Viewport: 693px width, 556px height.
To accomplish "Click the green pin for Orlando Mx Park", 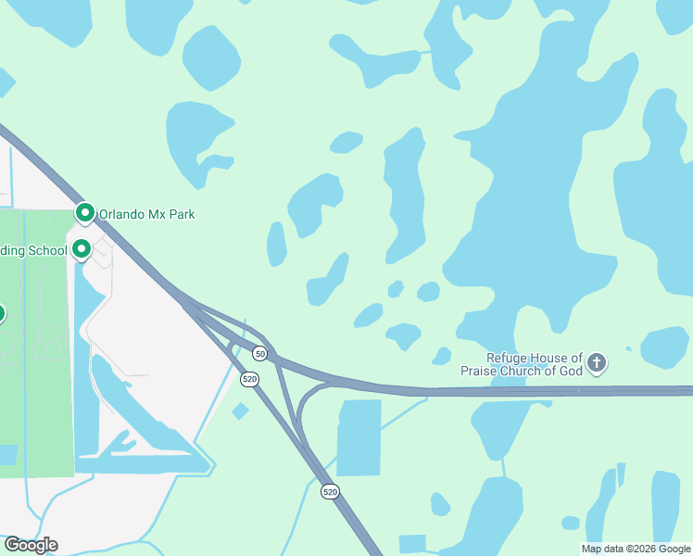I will point(85,214).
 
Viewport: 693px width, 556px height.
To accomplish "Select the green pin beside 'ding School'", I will point(82,248).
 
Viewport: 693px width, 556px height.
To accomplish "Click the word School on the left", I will point(48,249).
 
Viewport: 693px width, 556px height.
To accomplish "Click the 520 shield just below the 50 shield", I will point(249,379).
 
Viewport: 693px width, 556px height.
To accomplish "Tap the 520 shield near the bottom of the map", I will point(330,490).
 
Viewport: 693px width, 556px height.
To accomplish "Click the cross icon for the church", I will point(597,363).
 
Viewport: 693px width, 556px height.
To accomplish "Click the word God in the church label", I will point(568,371).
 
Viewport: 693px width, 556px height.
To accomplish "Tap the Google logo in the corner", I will point(31,545).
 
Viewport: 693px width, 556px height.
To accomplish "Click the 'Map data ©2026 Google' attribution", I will point(636,549).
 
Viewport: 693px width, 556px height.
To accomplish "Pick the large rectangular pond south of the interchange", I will point(359,437).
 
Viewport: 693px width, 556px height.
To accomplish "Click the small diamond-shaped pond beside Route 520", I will point(240,411).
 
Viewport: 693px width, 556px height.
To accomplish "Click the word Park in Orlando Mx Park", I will point(183,214).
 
